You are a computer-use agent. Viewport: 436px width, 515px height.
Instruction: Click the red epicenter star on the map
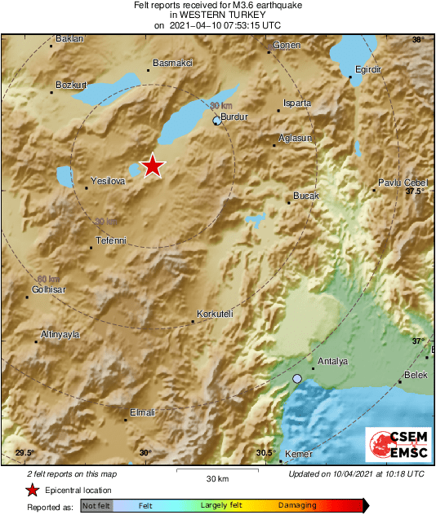(153, 166)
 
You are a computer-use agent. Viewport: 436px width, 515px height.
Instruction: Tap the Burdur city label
(234, 117)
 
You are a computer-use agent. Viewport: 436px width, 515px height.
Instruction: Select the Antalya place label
(332, 361)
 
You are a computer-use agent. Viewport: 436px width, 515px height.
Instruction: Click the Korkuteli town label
(216, 314)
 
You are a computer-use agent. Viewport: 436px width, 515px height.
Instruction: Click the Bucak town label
(306, 197)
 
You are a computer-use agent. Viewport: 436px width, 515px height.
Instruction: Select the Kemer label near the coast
(298, 453)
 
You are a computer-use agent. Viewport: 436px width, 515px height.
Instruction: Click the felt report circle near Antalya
(298, 379)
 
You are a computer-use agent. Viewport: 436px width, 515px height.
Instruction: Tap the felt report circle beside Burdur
(216, 121)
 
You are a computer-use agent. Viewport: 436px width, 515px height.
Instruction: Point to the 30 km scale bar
(216, 470)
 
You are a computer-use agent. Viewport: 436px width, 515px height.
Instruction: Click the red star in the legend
(32, 490)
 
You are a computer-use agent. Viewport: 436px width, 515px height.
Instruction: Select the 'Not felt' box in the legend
(96, 506)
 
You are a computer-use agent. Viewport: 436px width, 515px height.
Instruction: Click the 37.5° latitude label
(416, 191)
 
